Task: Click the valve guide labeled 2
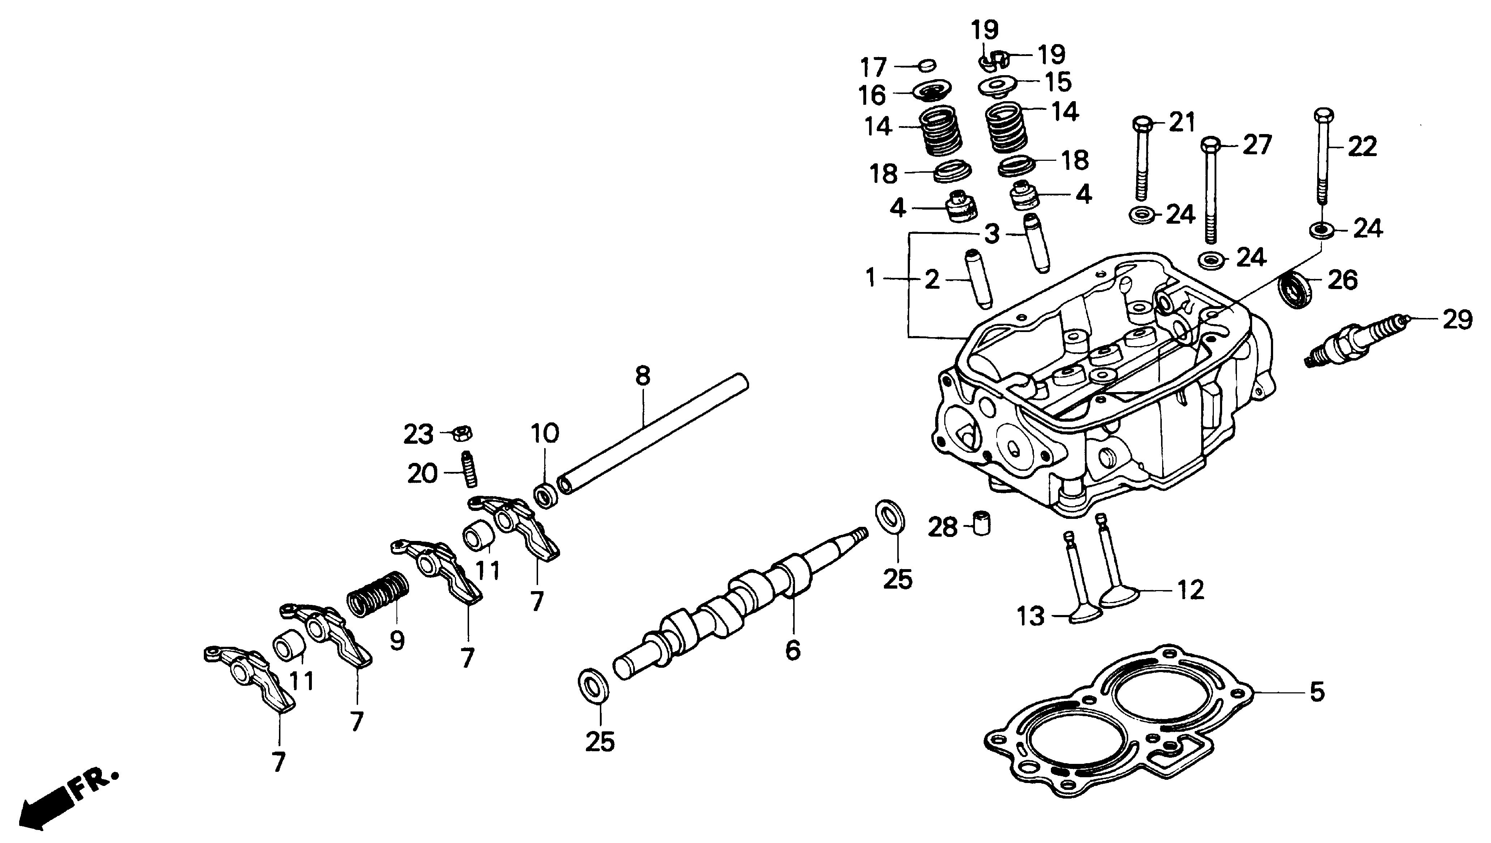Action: [x=977, y=279]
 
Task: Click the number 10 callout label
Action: [x=544, y=434]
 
